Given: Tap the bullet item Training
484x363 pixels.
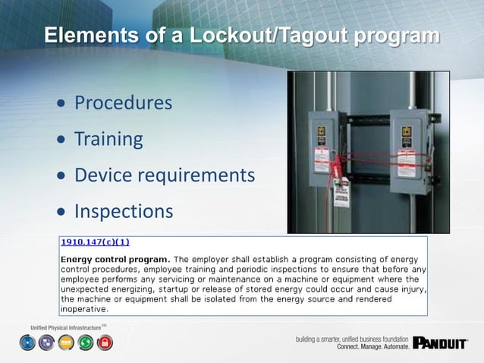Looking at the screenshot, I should click(108, 139).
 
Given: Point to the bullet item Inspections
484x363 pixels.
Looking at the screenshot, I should click(124, 211).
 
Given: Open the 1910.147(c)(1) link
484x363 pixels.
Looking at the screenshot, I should click(95, 242).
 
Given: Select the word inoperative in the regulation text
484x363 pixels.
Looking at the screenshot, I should click(84, 309).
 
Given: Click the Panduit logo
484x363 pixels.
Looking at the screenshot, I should click(441, 344).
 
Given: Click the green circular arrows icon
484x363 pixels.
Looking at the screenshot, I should click(85, 343).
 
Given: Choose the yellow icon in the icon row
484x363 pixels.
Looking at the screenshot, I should click(66, 343).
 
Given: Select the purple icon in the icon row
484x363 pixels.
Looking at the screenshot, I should click(47, 343).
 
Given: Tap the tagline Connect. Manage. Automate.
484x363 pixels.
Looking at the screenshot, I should click(372, 346).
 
